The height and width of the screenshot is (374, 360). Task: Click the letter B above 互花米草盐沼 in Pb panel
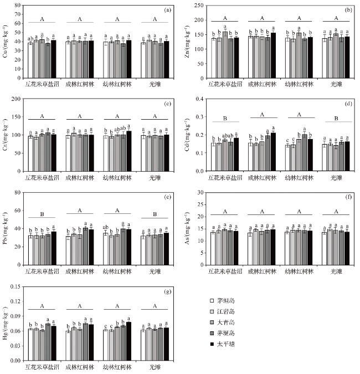click(42, 212)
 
